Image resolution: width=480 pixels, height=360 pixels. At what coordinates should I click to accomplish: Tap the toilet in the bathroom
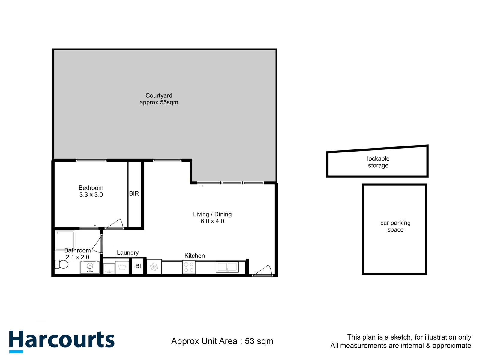(62, 264)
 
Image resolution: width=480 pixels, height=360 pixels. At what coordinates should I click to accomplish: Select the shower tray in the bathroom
(65, 240)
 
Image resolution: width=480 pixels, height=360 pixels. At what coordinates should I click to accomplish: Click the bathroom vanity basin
(90, 267)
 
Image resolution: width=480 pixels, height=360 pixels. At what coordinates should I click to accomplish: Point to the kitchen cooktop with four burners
(189, 267)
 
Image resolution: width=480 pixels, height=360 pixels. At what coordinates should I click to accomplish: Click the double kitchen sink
(227, 267)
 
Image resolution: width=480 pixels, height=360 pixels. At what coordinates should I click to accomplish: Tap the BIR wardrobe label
(134, 193)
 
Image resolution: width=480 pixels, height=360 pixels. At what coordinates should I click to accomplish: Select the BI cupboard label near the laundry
(138, 266)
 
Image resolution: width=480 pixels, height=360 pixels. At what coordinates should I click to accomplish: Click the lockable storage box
(377, 162)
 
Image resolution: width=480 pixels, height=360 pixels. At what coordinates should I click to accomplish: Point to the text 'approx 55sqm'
(159, 102)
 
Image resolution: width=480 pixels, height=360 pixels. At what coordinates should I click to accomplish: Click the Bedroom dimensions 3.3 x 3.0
(91, 195)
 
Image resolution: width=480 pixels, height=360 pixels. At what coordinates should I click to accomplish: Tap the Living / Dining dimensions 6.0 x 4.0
(212, 221)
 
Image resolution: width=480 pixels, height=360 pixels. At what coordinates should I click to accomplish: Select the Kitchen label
(194, 256)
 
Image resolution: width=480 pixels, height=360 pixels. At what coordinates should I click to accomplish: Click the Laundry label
(128, 253)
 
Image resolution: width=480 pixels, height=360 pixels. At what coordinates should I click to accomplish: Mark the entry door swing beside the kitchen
(263, 270)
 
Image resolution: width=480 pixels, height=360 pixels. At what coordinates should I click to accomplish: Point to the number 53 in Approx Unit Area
(250, 341)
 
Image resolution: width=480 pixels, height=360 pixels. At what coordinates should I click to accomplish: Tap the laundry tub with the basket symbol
(122, 267)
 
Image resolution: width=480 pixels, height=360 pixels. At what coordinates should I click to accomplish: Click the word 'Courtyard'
(159, 95)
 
